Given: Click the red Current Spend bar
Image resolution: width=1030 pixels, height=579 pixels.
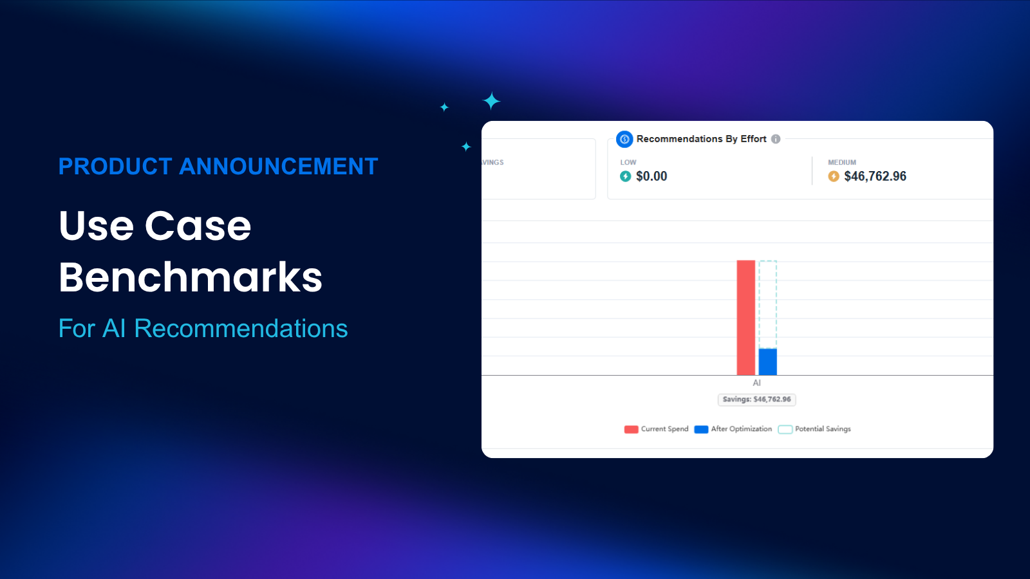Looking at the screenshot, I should pos(745,318).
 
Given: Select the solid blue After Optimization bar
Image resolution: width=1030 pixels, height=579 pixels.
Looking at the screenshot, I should pos(767,362).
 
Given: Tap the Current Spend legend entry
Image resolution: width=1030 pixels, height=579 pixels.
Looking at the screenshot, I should pos(657,429).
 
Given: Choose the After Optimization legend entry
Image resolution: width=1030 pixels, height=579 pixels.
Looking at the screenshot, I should pos(733,429).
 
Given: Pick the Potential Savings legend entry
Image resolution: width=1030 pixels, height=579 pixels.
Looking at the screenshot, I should pos(814,429).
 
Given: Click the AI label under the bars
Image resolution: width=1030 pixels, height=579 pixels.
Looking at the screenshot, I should pos(757,383).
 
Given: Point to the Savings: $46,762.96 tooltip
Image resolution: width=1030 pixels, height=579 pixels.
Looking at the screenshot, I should pos(757,400).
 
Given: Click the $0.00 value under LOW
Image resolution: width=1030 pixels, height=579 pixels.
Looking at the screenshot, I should pos(651,176).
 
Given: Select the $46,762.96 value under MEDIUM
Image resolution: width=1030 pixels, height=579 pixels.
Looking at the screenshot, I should pos(875,176).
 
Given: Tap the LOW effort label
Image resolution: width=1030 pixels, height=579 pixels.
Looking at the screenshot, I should pos(628,163).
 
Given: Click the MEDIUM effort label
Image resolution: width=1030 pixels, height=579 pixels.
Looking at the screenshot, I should pos(842,163).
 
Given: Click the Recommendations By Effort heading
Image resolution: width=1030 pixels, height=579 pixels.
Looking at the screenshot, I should pos(701,139).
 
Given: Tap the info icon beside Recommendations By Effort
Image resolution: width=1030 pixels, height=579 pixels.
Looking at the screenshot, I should pos(776,139).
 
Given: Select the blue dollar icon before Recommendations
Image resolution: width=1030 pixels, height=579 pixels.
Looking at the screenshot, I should pos(624,139).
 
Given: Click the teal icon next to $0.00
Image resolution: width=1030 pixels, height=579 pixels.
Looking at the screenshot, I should pos(625,176).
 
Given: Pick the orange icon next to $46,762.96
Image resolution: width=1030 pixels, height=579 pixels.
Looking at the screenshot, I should pos(834,176).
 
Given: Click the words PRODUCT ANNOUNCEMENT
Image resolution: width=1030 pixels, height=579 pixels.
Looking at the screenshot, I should pos(218,167).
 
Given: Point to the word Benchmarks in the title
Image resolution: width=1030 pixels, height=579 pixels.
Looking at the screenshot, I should pos(191,277).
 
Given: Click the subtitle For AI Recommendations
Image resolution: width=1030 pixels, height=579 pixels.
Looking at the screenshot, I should pos(203,329).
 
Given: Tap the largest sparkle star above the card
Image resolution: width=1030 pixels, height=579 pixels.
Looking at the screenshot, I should pos(492,101).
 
